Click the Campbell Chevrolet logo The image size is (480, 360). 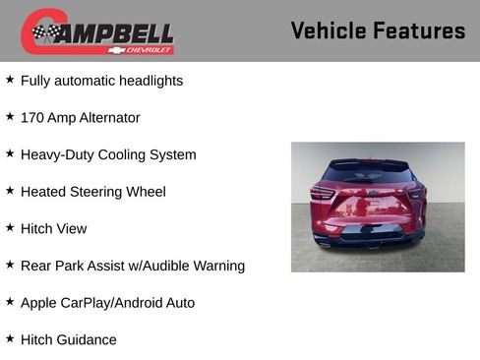point(97,32)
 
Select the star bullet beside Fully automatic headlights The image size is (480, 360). point(10,80)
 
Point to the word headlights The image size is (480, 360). point(150,81)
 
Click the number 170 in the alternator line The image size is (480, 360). point(33,118)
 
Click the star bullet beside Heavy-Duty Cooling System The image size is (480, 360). point(10,153)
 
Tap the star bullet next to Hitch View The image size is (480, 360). point(10,227)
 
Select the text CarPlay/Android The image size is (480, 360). point(108,303)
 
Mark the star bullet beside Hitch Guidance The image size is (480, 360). point(10,338)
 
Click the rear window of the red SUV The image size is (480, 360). point(368,174)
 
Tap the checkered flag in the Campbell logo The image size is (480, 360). point(44,32)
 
